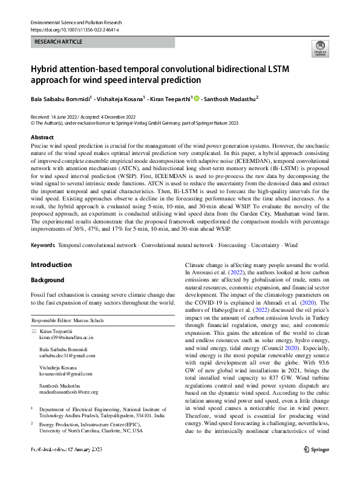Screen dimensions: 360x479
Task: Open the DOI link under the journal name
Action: (x=74, y=29)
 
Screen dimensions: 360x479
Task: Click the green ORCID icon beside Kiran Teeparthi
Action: (x=197, y=97)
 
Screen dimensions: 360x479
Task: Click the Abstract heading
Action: (x=42, y=137)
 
